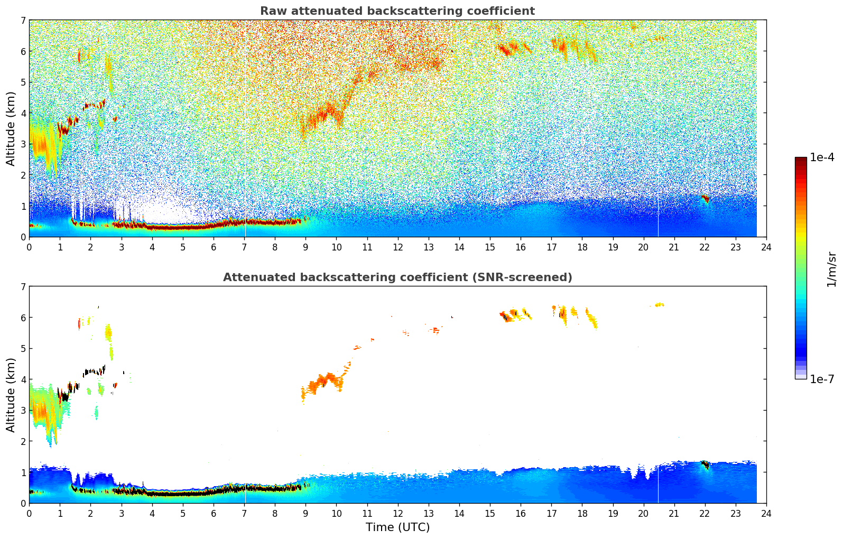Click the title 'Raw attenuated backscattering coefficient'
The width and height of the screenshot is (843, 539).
click(x=397, y=11)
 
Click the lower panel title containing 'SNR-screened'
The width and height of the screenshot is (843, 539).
click(x=397, y=277)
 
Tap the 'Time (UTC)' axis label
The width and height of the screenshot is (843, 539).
click(x=397, y=527)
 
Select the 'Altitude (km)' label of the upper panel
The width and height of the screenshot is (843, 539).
click(x=11, y=128)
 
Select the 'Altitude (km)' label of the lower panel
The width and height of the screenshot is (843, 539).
click(x=11, y=395)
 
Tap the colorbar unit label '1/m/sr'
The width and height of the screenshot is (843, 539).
click(x=831, y=269)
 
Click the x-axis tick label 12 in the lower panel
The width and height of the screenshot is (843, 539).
click(x=397, y=513)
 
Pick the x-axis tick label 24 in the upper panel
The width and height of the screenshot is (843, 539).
click(x=766, y=247)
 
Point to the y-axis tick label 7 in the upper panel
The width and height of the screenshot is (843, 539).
click(x=23, y=21)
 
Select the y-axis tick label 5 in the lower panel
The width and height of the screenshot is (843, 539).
click(x=23, y=349)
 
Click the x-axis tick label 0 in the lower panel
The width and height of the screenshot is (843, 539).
click(x=29, y=513)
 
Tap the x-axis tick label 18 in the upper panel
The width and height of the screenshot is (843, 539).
click(x=582, y=247)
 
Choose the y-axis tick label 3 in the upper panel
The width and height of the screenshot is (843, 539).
click(x=23, y=144)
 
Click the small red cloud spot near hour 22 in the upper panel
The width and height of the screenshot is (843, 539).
click(x=705, y=199)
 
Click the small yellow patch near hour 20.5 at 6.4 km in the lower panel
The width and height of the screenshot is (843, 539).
click(x=659, y=305)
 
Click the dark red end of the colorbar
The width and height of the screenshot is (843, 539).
click(x=801, y=160)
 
